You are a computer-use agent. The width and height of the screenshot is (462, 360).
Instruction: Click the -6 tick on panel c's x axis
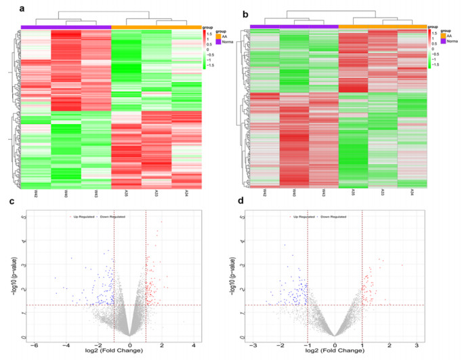pyautogui.click(x=35, y=344)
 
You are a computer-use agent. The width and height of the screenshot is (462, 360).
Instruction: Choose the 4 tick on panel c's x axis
pyautogui.click(x=194, y=344)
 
